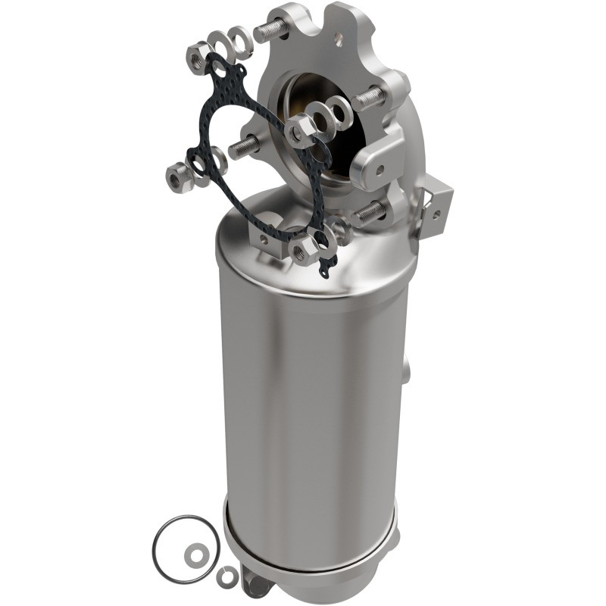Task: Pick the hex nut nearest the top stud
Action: tap(200, 52)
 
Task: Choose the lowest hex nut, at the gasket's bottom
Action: tap(305, 250)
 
